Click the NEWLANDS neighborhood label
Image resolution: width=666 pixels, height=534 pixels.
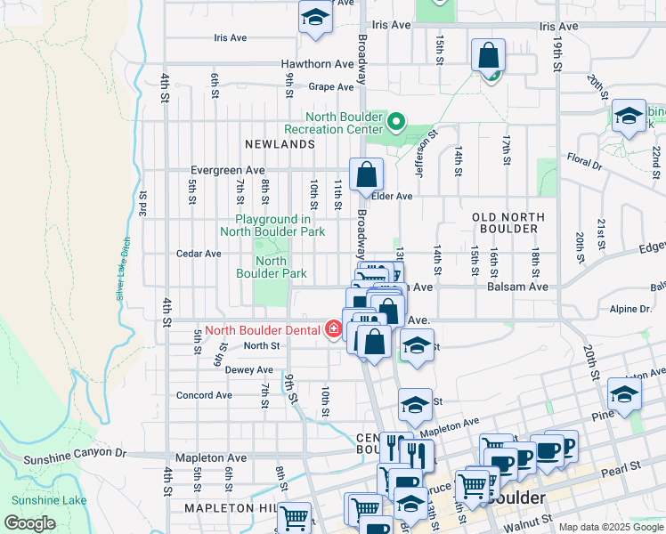280,144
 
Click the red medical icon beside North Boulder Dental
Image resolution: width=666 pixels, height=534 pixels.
334,330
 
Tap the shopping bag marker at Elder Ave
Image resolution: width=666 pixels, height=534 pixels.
366,175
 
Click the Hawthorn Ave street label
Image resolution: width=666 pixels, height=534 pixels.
318,64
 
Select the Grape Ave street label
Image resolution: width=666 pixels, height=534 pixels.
331,87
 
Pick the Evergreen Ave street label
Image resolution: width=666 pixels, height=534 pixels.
228,170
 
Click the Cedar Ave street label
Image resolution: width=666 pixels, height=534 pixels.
199,254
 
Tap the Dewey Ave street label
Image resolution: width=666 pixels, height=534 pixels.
224,369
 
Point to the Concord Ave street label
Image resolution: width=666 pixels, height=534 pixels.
204,395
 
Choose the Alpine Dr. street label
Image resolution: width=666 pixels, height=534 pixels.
631,309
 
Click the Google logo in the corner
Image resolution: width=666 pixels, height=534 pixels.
29,523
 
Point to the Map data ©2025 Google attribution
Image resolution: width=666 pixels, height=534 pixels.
610,527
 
